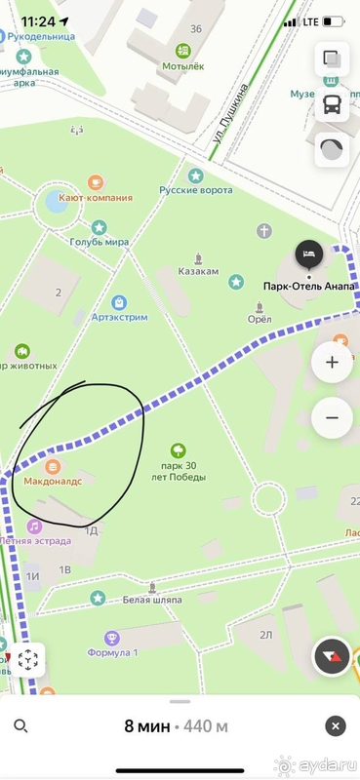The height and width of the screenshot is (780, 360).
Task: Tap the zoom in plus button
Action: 332,362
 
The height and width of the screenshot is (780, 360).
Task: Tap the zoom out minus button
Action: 332,418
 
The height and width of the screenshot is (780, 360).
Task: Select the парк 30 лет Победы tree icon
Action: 178,450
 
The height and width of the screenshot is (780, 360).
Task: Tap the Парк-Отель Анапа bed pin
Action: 309,254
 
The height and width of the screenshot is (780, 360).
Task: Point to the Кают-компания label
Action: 96,196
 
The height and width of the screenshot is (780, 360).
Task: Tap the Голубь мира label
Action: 100,242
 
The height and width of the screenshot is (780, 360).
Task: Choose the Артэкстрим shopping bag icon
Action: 119,302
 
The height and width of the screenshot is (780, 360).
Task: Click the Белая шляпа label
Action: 153,600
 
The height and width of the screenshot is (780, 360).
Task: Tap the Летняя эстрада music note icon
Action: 34,526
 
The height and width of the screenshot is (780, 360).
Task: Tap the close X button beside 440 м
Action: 336,726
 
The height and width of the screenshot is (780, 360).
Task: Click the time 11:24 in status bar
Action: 37,19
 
